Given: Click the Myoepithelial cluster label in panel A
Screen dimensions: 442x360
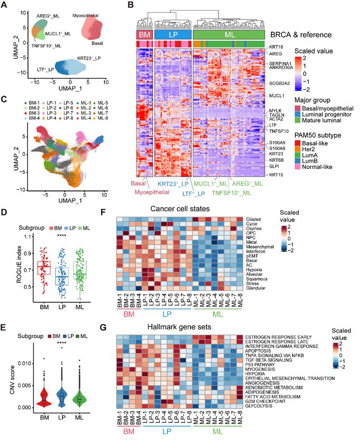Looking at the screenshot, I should coord(85,17).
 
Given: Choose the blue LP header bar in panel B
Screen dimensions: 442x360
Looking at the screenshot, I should coord(173,35).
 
